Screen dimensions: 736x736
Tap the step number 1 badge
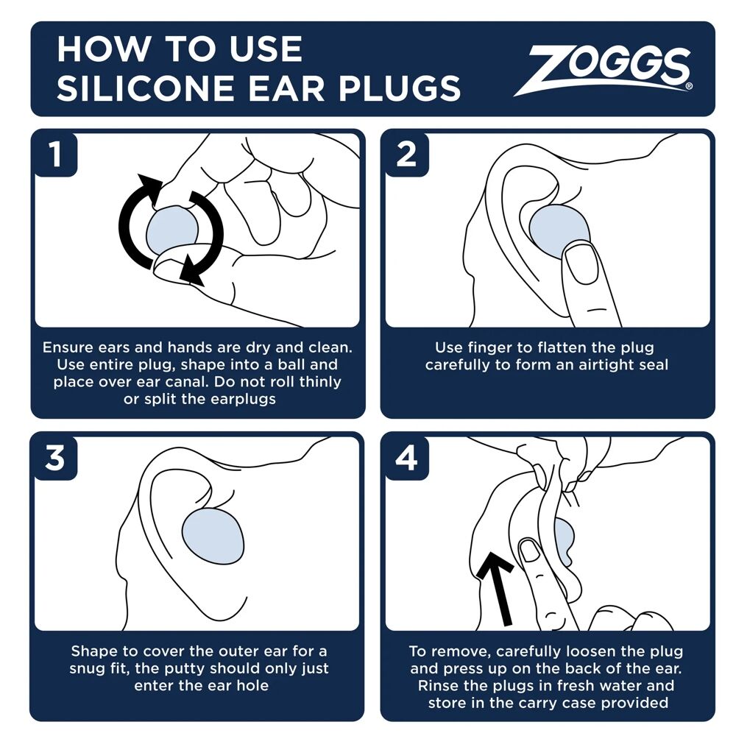[x=56, y=155]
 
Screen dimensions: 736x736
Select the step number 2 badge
[x=406, y=155]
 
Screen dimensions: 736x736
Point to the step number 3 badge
[x=55, y=458]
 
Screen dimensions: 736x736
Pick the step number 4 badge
[x=406, y=458]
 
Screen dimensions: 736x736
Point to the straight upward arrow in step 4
[x=498, y=589]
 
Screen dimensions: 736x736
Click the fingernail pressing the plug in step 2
[x=581, y=264]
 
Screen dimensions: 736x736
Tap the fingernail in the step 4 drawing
[x=531, y=550]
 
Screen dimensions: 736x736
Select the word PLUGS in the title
[x=400, y=88]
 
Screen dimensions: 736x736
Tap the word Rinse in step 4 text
[x=439, y=685]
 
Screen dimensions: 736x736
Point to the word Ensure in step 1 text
[x=68, y=347]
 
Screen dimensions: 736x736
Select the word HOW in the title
[x=101, y=49]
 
